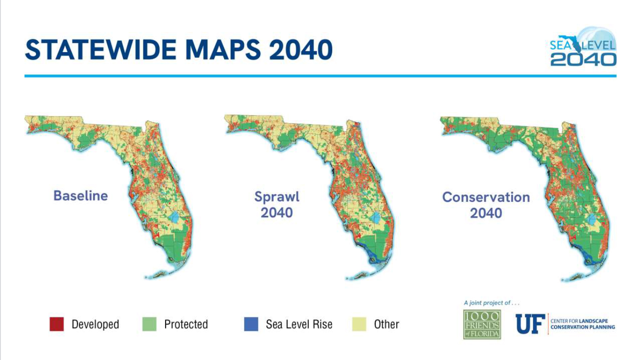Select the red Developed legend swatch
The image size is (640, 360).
(x=57, y=324)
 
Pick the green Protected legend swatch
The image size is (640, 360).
(x=149, y=324)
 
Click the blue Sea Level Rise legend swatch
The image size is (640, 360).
(x=251, y=324)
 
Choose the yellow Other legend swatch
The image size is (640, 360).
(x=359, y=324)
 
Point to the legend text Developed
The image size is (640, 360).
(x=95, y=324)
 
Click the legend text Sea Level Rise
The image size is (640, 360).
(x=299, y=324)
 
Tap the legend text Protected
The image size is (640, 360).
(x=186, y=324)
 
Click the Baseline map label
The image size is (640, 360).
(x=80, y=195)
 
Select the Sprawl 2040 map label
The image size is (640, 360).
(x=276, y=204)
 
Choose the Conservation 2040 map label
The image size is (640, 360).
(x=486, y=205)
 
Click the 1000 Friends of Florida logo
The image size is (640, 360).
(x=482, y=324)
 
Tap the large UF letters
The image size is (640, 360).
(x=530, y=324)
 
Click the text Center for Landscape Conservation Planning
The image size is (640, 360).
(x=582, y=324)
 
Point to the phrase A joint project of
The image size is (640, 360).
(x=491, y=303)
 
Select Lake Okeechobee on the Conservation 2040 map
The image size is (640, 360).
(x=593, y=219)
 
